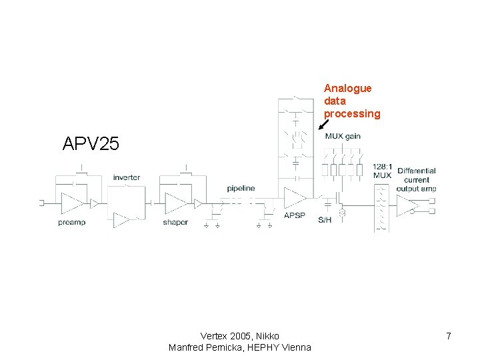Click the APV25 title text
coord(91,143)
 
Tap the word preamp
coord(71,223)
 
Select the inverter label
coord(126,177)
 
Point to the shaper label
coord(175,223)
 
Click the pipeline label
coord(241,189)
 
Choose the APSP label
coord(294,215)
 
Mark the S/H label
coord(325,220)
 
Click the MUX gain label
coord(343,136)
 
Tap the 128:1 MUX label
coord(382,171)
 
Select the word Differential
coord(417,171)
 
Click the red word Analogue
coord(347,88)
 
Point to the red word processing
coord(352,113)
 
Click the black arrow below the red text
coord(324,125)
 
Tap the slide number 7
coord(449,336)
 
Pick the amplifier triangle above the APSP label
coord(295,197)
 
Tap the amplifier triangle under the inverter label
coord(122,219)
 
